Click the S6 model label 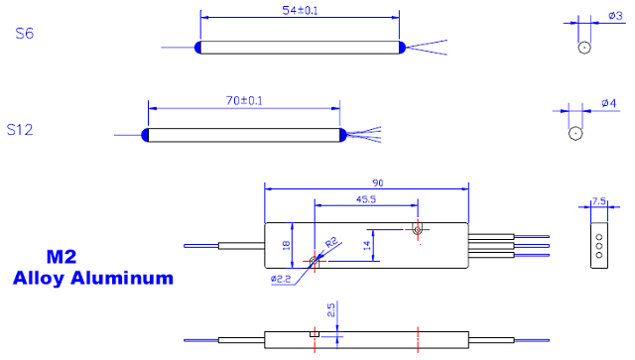[x=24, y=33]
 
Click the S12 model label [x=20, y=130]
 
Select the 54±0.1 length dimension [x=300, y=11]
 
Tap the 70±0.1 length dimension [x=244, y=100]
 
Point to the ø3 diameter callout [x=615, y=16]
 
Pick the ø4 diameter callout [x=608, y=103]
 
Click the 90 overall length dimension [x=377, y=183]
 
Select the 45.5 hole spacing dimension [x=366, y=199]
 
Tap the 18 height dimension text [x=286, y=245]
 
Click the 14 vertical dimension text [x=367, y=245]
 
